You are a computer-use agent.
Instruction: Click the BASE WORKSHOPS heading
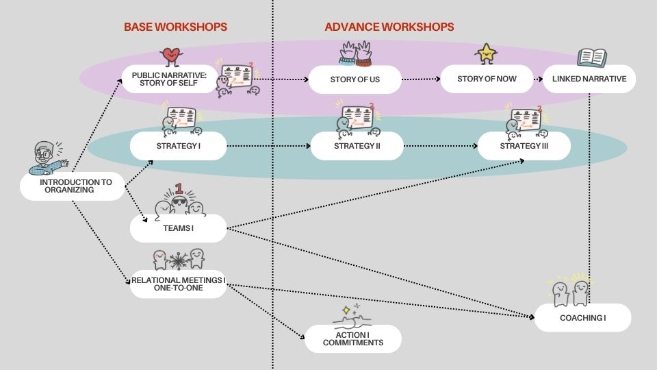[x=175, y=27]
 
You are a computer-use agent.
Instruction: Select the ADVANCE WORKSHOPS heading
[x=389, y=27]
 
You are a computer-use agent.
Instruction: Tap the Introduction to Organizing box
[x=72, y=186]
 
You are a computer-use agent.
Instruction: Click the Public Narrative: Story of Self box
[x=174, y=79]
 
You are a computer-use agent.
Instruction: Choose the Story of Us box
[x=355, y=79]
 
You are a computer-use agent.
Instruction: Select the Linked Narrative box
[x=589, y=79]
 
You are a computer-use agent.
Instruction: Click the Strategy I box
[x=178, y=146]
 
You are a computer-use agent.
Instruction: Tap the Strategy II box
[x=357, y=146]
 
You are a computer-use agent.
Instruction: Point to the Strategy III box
[x=524, y=146]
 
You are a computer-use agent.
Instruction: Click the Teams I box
[x=178, y=228]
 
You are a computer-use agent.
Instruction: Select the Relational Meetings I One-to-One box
[x=178, y=284]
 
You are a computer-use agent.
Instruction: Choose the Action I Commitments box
[x=352, y=338]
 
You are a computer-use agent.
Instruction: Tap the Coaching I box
[x=582, y=318]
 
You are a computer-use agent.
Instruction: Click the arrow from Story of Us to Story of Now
[x=420, y=79]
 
